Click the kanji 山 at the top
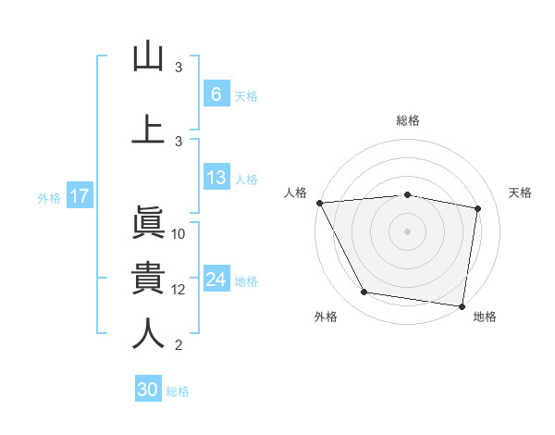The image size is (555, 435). click(148, 56)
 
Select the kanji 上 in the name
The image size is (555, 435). click(148, 128)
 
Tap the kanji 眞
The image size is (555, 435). click(148, 223)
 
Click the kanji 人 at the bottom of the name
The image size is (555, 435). click(148, 333)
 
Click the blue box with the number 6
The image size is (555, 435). click(216, 94)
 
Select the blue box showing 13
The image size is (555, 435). click(216, 178)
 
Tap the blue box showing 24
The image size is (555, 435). click(216, 280)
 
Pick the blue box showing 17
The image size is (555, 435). click(79, 196)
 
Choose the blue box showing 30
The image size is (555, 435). click(148, 390)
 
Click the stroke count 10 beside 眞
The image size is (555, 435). click(179, 233)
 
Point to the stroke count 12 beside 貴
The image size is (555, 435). click(179, 289)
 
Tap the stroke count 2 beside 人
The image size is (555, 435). click(179, 344)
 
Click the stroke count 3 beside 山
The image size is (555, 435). click(179, 67)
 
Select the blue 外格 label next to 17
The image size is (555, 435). click(49, 197)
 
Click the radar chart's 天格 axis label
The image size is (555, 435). click(521, 193)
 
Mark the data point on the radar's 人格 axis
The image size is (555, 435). click(319, 203)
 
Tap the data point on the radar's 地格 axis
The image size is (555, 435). click(462, 305)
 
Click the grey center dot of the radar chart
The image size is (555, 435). click(407, 230)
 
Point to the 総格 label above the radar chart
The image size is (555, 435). click(407, 120)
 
